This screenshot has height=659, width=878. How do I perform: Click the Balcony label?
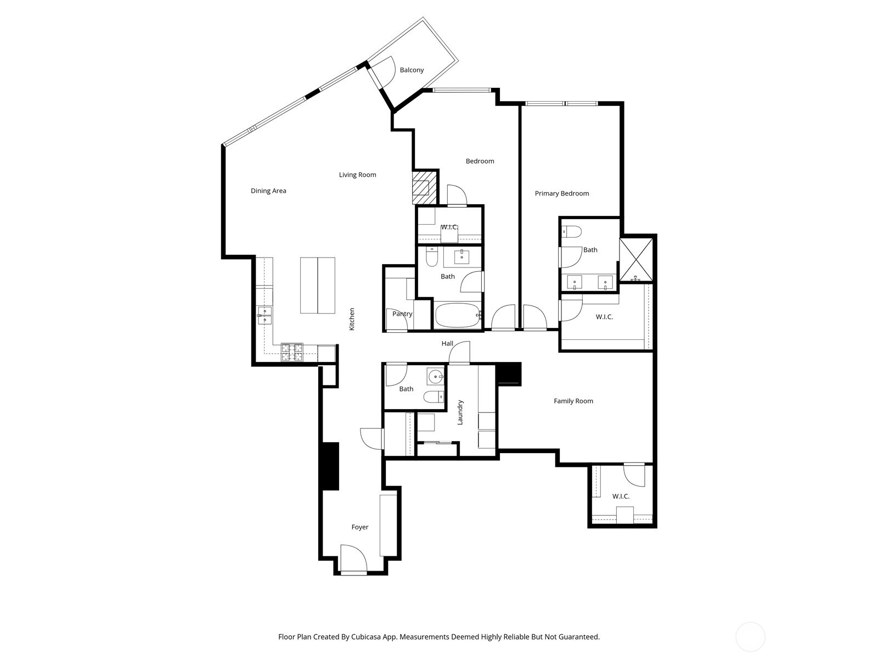412,70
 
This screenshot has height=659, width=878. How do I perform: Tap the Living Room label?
357,175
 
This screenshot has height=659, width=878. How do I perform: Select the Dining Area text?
268,191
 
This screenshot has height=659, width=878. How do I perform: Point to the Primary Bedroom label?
561,193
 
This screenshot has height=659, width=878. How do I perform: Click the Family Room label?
573,401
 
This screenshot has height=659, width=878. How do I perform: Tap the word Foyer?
359,527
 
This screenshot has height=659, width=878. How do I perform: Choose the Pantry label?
402,314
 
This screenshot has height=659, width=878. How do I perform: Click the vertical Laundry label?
460,412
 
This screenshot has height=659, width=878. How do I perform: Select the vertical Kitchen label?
352,319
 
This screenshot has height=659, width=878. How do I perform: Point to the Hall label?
447,344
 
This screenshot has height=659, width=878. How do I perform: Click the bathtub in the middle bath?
458,316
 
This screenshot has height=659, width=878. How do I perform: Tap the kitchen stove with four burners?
292,352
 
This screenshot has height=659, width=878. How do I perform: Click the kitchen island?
318,285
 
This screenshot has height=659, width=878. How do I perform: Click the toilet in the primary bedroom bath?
571,232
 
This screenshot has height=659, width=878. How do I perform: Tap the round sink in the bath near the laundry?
436,377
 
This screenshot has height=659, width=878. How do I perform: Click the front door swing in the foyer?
353,558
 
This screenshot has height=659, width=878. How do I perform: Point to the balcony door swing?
387,70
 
